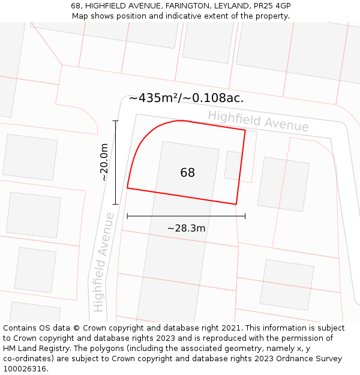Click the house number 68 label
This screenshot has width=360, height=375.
point(187,173)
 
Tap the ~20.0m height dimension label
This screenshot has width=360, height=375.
point(104,162)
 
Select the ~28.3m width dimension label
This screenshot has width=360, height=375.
point(186,228)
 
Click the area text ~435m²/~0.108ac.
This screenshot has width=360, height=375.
point(186,98)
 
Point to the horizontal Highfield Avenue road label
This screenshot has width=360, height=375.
point(259,121)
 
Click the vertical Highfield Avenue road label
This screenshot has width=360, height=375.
point(103,262)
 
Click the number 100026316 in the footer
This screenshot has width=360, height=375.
point(26,369)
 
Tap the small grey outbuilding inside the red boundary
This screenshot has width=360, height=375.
point(233,166)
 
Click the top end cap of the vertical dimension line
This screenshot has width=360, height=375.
point(116,121)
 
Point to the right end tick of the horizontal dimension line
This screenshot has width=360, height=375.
point(245,216)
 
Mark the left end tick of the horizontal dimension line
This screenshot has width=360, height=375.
point(127,216)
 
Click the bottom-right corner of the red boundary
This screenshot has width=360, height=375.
point(236,204)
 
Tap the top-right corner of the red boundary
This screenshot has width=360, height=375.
point(245,130)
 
